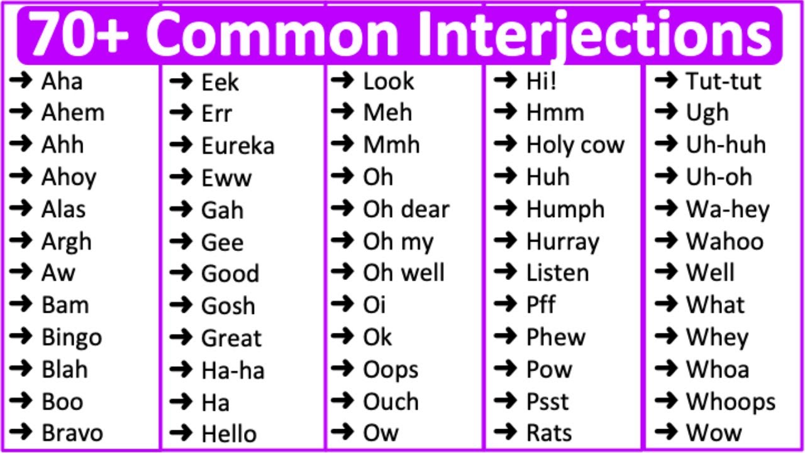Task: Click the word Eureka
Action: tap(238, 146)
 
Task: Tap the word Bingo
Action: tap(71, 338)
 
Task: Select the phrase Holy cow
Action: tap(575, 145)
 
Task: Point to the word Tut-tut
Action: tap(723, 81)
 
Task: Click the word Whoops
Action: tap(730, 402)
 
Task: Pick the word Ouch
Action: tap(391, 401)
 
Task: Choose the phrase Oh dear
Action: tap(406, 210)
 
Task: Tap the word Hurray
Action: tap(562, 242)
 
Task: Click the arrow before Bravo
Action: tap(21, 432)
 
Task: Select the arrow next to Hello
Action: tap(181, 433)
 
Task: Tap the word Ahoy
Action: tap(69, 178)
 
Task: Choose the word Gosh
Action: tap(228, 306)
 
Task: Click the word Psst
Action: tap(547, 401)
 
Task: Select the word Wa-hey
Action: tap(728, 210)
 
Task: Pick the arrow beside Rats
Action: tap(505, 432)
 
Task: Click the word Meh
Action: tap(387, 113)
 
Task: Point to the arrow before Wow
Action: tap(665, 432)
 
